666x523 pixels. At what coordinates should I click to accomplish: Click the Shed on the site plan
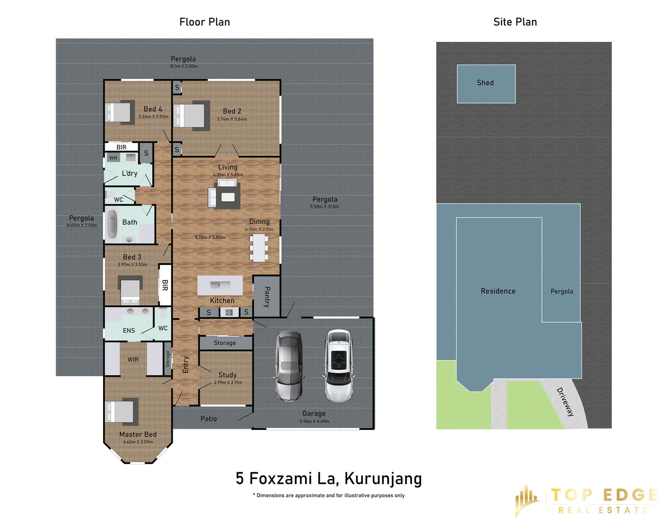486,84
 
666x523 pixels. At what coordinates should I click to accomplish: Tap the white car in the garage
339,366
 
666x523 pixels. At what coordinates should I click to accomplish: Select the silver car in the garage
289,366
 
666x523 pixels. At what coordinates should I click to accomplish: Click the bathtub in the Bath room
112,224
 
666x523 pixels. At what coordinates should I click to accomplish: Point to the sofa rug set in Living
224,194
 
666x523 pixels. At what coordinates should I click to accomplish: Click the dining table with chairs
259,248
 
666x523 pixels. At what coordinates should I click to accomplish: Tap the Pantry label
267,296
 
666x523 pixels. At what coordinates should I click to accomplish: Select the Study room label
227,375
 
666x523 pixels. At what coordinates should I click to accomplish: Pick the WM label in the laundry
113,158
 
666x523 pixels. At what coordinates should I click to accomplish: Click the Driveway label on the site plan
565,401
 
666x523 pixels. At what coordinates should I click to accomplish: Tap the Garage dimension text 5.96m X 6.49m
314,421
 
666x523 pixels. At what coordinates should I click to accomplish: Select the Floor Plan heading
205,22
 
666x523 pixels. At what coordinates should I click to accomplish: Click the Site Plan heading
515,22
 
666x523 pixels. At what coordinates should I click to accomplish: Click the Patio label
208,419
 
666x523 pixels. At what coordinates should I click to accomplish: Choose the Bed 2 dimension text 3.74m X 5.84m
232,119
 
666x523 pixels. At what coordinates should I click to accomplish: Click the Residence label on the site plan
498,291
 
